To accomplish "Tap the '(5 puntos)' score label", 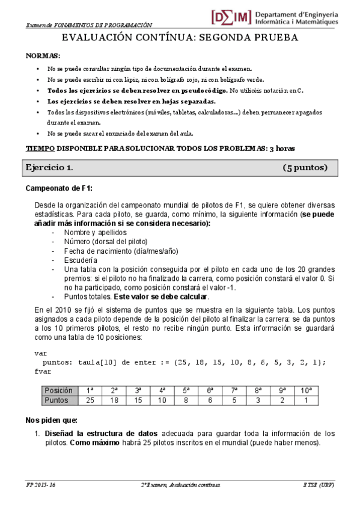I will click(x=305, y=167).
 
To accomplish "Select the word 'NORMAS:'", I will click(x=43, y=55).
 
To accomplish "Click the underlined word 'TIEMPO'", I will click(x=40, y=148).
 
